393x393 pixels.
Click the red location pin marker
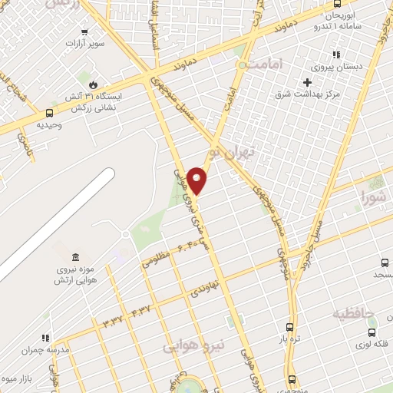pos(197,180)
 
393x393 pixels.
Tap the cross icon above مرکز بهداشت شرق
pos(308,82)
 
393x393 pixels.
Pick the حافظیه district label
pos(355,313)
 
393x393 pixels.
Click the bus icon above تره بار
pos(289,325)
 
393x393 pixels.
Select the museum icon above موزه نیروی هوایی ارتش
pos(74,256)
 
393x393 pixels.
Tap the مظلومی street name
pos(154,261)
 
